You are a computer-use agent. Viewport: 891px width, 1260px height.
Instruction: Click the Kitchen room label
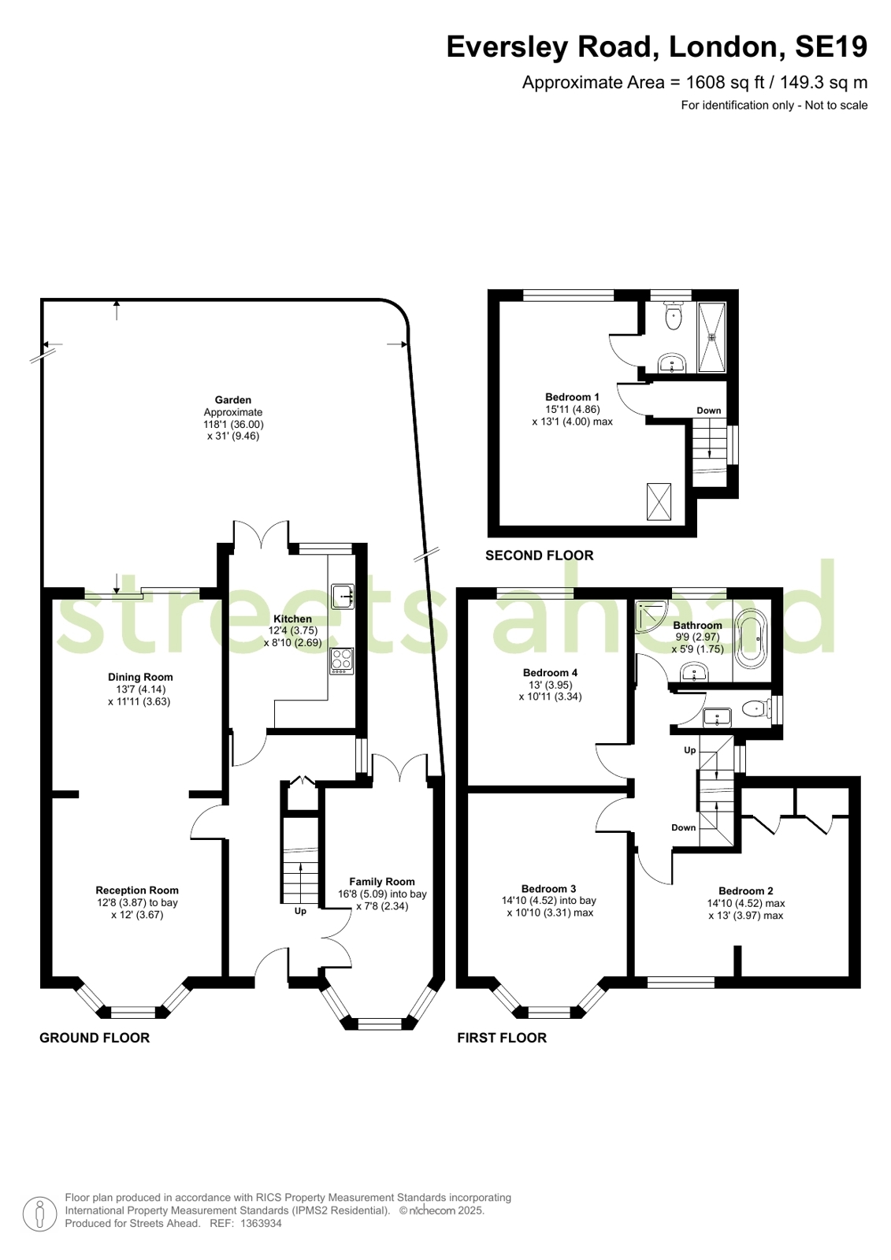point(292,619)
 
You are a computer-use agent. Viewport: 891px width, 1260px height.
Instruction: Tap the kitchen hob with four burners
point(342,660)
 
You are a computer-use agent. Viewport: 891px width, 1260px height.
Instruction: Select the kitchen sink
point(343,597)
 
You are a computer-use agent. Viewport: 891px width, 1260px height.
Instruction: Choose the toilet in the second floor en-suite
point(673,316)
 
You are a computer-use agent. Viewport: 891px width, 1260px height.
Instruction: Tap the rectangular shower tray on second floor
point(712,337)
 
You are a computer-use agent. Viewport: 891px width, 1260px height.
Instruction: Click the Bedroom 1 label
point(572,397)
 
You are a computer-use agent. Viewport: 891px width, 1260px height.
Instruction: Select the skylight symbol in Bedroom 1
point(659,501)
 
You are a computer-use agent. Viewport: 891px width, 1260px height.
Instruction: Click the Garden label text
point(233,400)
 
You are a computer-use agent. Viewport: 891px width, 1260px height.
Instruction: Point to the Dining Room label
point(140,677)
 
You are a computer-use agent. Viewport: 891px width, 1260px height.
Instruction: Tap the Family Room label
point(382,882)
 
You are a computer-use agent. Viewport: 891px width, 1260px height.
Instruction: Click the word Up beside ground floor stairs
point(300,911)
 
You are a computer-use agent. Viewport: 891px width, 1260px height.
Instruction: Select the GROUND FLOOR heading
point(95,1038)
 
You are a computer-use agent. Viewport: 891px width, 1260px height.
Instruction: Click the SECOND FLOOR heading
point(540,556)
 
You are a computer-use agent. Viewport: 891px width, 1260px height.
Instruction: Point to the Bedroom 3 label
point(548,889)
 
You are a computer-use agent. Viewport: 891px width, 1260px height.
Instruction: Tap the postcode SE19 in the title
point(831,46)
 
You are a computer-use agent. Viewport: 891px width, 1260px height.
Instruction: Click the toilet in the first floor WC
point(755,708)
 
